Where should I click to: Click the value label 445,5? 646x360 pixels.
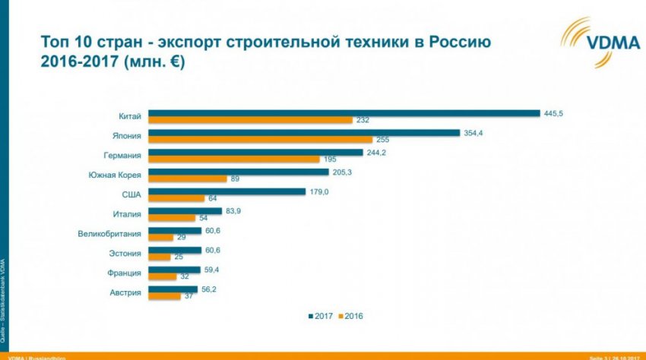(x=553, y=113)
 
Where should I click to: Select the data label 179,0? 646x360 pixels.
(x=319, y=191)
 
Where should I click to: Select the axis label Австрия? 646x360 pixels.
(x=125, y=292)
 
